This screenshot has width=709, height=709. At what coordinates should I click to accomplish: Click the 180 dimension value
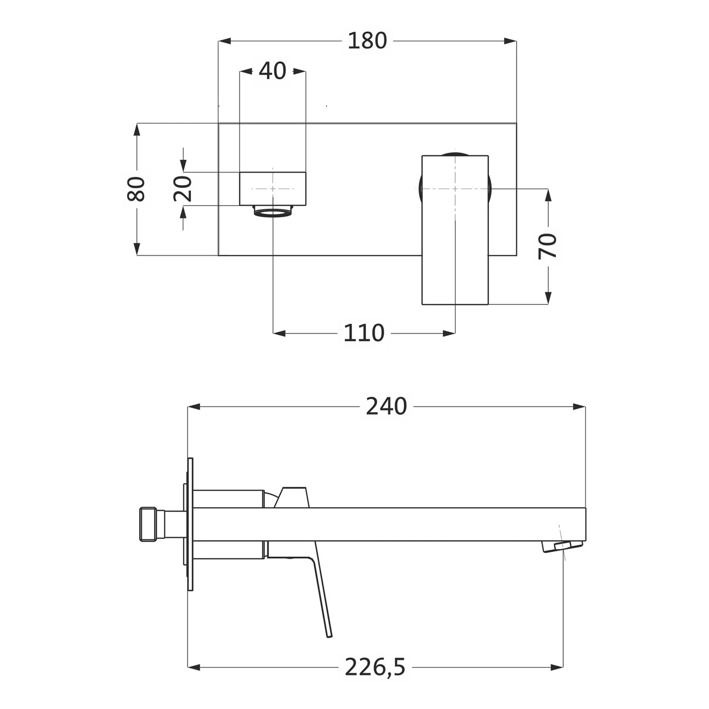point(367,41)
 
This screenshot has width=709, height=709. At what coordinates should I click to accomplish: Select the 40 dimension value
point(273,71)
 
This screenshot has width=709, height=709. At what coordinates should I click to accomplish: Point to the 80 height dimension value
point(137,189)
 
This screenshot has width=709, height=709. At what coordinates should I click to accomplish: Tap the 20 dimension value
point(183,189)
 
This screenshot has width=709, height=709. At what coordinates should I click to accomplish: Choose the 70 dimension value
point(548,246)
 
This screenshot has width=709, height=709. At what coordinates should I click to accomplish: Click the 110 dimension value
point(364,333)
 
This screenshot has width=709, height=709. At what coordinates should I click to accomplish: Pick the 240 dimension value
point(386,406)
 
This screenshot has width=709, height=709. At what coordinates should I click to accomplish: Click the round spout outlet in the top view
point(273,211)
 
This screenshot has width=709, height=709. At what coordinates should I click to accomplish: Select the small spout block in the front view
point(273,189)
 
